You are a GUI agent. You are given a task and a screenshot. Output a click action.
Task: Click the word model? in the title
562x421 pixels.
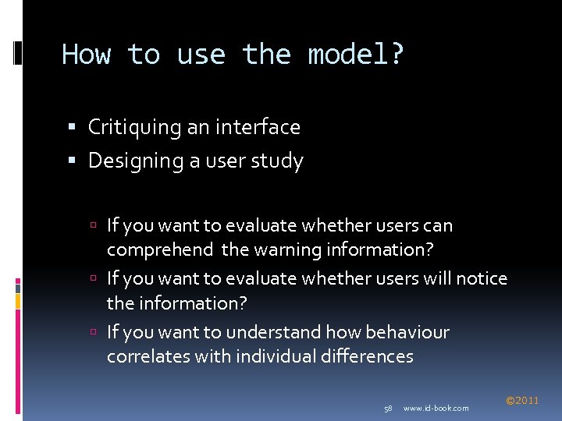pyautogui.click(x=357, y=55)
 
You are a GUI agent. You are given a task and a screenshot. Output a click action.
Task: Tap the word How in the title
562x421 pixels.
pyautogui.click(x=87, y=55)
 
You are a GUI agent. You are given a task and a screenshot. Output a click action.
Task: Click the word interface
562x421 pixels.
pyautogui.click(x=258, y=126)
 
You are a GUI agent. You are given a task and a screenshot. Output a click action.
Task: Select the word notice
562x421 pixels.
pyautogui.click(x=482, y=278)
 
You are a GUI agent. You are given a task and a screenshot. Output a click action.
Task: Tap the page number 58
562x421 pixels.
pyautogui.click(x=388, y=409)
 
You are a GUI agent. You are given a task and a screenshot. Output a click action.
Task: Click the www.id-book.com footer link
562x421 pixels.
pyautogui.click(x=436, y=409)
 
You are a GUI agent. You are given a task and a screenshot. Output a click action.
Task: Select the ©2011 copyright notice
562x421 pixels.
pyautogui.click(x=522, y=401)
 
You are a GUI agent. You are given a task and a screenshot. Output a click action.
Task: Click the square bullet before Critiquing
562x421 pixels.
pyautogui.click(x=73, y=127)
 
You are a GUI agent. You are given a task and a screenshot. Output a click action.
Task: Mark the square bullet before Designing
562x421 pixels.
pyautogui.click(x=73, y=161)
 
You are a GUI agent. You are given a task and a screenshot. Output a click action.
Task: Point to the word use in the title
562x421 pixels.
pyautogui.click(x=201, y=55)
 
